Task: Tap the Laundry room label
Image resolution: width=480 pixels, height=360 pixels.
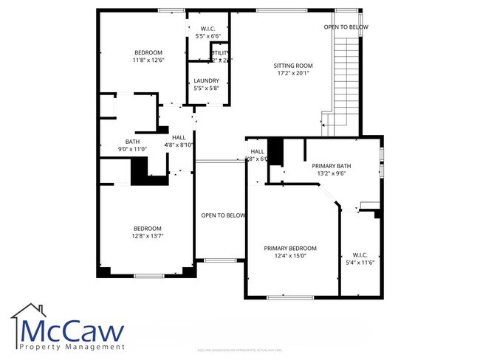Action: (206, 80)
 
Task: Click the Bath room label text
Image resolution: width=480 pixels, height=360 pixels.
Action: (132, 142)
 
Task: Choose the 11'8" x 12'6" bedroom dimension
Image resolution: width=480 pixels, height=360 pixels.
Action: (148, 60)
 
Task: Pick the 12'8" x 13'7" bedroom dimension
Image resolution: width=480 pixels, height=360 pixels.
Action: (147, 237)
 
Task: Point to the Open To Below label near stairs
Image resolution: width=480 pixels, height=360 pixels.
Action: (346, 27)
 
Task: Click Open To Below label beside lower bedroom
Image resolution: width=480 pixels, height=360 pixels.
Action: (223, 215)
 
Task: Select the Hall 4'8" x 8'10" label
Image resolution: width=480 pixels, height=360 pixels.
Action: (179, 141)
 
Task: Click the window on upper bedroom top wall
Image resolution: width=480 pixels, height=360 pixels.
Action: (171, 10)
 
